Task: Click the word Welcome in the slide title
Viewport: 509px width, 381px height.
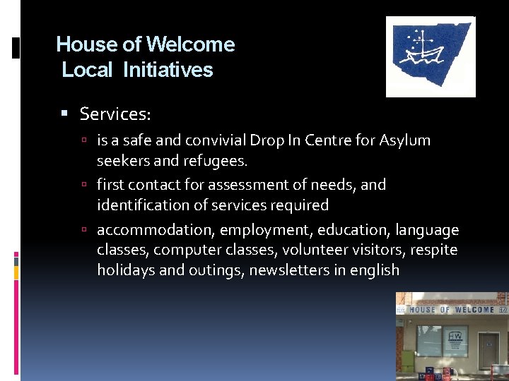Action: tap(190, 44)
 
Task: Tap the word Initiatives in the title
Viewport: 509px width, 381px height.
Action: tap(168, 70)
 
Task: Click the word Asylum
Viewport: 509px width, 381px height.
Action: tap(404, 140)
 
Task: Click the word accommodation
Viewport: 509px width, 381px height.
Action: tap(155, 230)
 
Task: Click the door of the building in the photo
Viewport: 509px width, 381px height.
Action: tap(488, 349)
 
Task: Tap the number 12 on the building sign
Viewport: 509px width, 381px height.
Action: tap(503, 309)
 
